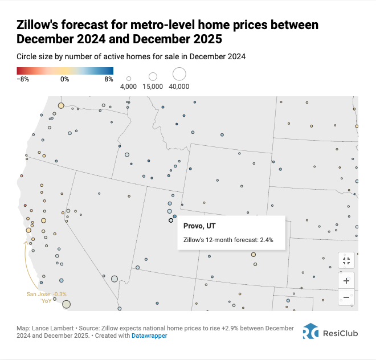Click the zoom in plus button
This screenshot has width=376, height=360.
click(x=346, y=281)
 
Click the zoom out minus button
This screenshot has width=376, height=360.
click(x=346, y=297)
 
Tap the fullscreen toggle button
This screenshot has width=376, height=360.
click(x=346, y=261)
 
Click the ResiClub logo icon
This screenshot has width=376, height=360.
click(x=310, y=332)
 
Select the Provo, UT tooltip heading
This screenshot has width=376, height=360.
click(x=199, y=226)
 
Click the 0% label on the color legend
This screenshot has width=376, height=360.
click(x=64, y=80)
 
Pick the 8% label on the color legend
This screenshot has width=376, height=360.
click(x=108, y=80)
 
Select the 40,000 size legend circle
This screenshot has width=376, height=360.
click(x=179, y=74)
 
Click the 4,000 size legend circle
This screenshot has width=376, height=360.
click(x=129, y=79)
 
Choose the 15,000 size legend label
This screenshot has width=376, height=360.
click(x=153, y=87)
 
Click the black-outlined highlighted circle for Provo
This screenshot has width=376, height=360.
click(x=170, y=220)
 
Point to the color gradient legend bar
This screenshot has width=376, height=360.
click(x=65, y=71)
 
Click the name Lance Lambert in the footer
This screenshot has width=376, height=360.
click(x=52, y=329)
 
